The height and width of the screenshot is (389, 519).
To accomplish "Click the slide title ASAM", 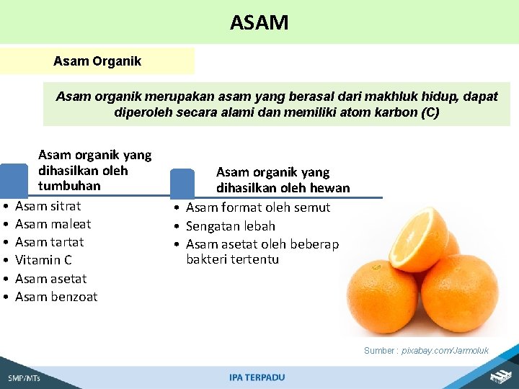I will tap(259, 22).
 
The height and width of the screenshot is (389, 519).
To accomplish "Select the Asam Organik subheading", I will tap(97, 61).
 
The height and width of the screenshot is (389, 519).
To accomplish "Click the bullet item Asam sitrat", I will tap(48, 206).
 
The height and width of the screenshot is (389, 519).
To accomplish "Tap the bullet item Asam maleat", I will tap(53, 224).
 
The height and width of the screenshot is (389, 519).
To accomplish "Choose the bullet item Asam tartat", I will tap(49, 242).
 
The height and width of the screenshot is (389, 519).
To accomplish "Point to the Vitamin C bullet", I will tap(43, 260).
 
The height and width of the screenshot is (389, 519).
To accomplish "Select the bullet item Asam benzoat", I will tap(56, 297).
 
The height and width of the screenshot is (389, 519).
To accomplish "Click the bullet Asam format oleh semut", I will tap(258, 207).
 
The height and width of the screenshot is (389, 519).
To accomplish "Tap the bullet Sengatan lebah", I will tap(231, 226).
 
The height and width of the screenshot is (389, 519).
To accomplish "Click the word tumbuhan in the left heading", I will tap(69, 186).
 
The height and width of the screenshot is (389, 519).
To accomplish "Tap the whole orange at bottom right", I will tap(458, 292).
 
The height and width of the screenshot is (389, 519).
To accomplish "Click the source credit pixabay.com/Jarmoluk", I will tap(445, 351).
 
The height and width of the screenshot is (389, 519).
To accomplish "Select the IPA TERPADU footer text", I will tap(257, 377).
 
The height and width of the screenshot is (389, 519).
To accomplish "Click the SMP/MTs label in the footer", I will tap(25, 378).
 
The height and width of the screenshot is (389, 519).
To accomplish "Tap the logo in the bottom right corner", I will tap(500, 376).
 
